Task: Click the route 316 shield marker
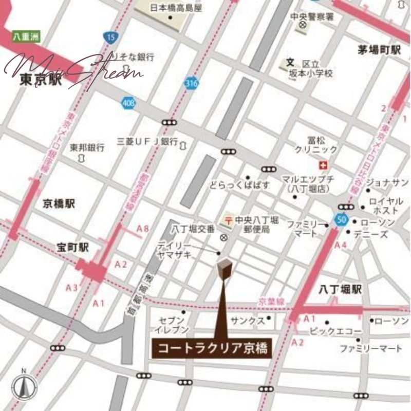coord(192,83)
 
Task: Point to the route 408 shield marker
coord(129,103)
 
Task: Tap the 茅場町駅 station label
coord(379,50)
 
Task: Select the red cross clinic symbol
coord(323,165)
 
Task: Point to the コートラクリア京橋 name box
coord(212,348)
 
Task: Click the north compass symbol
coord(24,386)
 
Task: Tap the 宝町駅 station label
coord(72,248)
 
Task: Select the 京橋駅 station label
coord(59,204)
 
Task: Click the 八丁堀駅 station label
coord(340,290)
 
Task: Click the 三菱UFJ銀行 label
coord(147,141)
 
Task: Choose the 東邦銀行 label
coord(87,147)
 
